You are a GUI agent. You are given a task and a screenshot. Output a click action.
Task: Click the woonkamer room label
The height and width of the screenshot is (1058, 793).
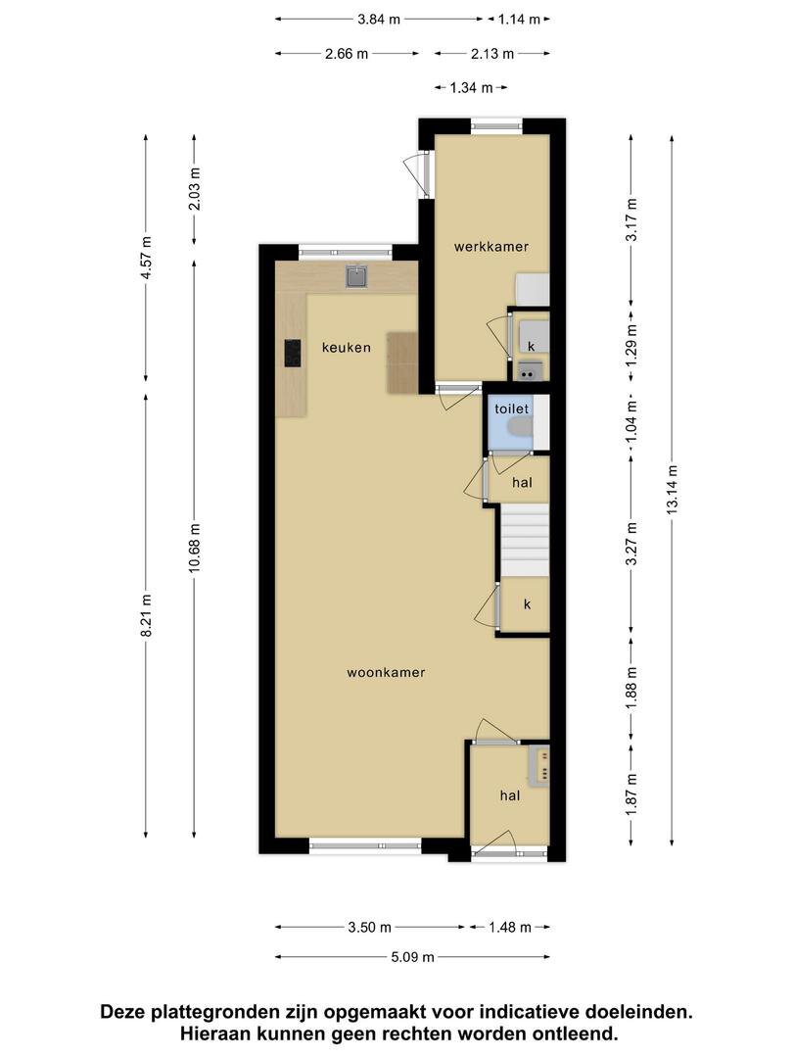coord(386,672)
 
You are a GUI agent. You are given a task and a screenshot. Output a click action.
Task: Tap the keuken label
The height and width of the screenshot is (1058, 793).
coord(346,348)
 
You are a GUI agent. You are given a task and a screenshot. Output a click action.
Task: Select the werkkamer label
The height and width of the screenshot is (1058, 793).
coord(490,246)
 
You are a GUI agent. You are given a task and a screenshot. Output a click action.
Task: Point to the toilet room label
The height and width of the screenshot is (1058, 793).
coord(512,409)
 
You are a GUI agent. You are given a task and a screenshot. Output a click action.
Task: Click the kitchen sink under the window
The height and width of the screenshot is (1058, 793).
coord(356,276)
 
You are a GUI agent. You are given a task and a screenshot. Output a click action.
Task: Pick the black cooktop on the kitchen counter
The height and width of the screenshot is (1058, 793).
coord(292,353)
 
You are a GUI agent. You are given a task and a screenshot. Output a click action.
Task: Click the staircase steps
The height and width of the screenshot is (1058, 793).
coord(524,542)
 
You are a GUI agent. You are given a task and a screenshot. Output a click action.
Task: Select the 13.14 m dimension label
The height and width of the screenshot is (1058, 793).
coord(672,490)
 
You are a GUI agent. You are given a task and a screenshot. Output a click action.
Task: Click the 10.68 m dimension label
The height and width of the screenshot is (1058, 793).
coord(194,548)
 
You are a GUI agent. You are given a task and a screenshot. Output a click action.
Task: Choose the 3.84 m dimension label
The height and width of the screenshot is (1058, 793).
coord(379,20)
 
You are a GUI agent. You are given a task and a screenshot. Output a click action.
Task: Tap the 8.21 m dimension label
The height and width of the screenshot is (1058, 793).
coord(146,614)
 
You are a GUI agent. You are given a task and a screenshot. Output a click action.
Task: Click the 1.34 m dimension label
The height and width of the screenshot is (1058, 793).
coord(471,87)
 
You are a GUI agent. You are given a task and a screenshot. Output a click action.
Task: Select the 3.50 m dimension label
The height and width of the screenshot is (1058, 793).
coord(369,927)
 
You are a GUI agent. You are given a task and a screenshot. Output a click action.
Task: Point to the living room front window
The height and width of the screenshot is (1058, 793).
coord(366,845)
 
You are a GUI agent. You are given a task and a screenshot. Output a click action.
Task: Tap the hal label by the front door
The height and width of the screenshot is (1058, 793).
coord(510,796)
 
